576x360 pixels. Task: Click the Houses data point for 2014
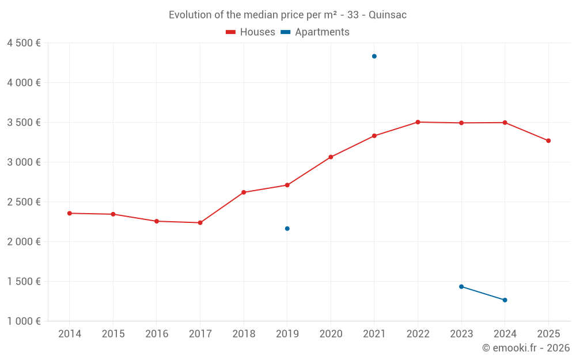pos(70,213)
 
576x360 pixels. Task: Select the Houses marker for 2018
pos(244,192)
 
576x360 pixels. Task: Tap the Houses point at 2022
pos(418,122)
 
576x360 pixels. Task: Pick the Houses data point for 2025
pos(548,141)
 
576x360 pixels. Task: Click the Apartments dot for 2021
pos(374,56)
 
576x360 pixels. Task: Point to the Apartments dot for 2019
pos(287,229)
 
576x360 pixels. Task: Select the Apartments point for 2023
pos(461,286)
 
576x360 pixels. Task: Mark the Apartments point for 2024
pos(505,300)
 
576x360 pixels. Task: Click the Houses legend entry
pos(251,32)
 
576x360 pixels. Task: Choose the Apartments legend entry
pos(315,32)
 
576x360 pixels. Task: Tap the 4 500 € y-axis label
pos(24,43)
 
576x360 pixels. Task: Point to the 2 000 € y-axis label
pos(24,242)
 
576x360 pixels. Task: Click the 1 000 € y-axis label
pos(24,321)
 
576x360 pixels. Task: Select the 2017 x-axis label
pos(200,334)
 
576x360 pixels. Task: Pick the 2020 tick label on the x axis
pos(331,334)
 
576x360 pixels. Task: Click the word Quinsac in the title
pos(388,15)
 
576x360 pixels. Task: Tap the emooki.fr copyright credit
pos(526,348)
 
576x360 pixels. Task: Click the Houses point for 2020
pos(331,157)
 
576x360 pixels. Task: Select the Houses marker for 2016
pos(157,221)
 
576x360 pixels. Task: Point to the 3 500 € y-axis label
pos(24,123)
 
